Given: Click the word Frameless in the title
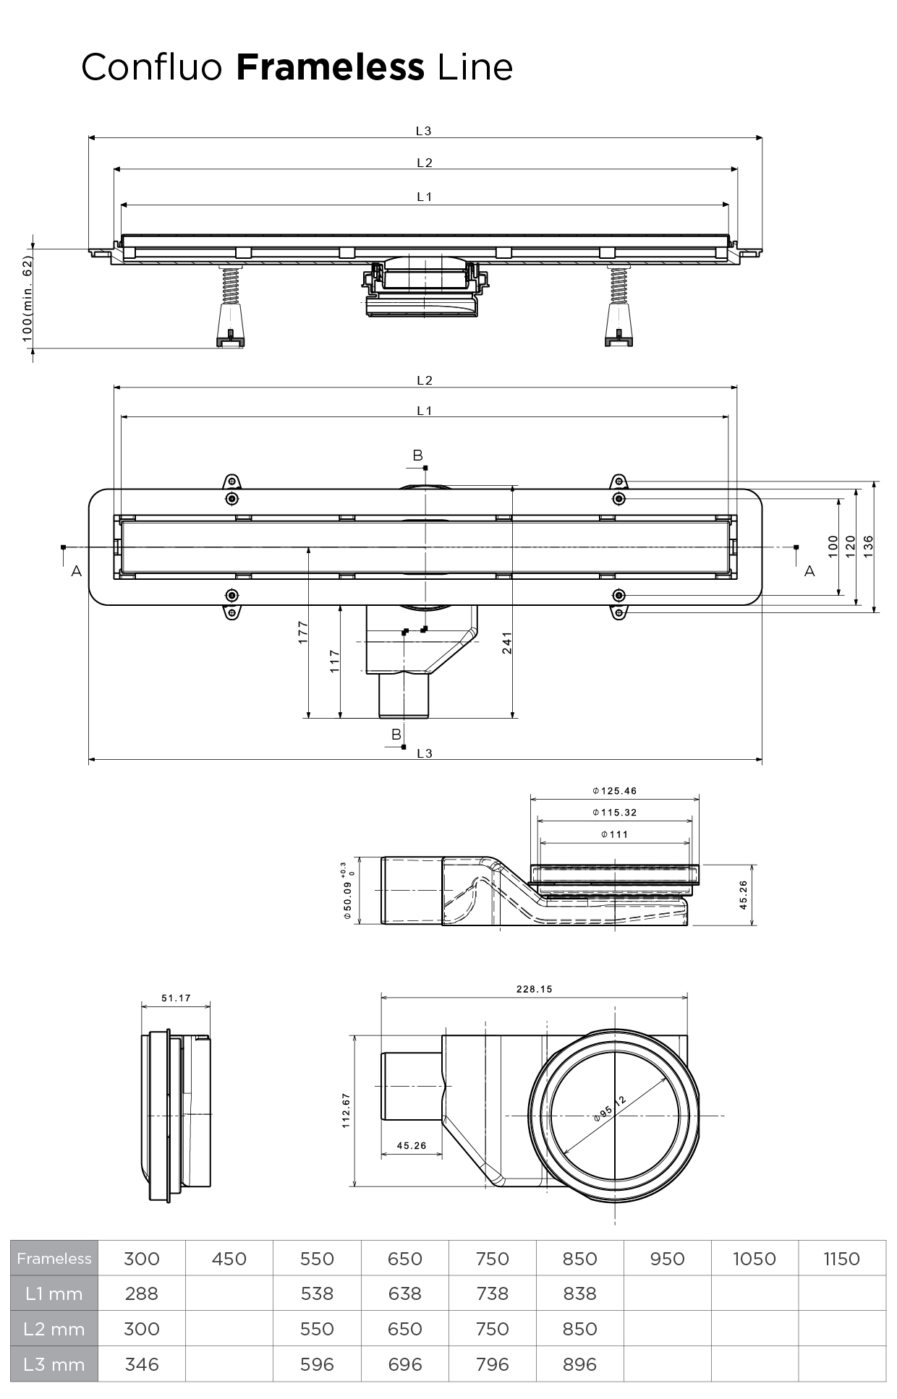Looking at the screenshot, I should (330, 67).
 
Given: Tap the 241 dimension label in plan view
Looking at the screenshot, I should (507, 643).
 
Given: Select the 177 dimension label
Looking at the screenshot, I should (303, 632).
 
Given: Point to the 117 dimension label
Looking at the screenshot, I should (334, 661).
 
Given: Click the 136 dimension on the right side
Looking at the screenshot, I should (868, 544).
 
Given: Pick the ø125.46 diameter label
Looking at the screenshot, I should (614, 791).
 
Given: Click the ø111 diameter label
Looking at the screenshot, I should (614, 834).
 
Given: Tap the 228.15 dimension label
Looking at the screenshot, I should (534, 989).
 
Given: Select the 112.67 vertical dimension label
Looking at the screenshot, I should (347, 1109).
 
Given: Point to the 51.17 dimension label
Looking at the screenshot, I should (176, 998).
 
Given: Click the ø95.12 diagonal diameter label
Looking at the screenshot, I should (609, 1108).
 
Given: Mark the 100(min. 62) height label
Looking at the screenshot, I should (27, 298).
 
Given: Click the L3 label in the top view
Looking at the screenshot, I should (423, 131).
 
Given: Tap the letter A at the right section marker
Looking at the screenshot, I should (809, 571).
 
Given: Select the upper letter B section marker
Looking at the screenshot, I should (417, 455).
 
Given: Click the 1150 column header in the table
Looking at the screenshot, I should (841, 1259).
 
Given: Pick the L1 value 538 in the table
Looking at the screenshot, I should (317, 1293).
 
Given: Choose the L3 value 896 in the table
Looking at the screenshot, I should (579, 1364).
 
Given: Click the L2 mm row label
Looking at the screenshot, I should (54, 1329).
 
